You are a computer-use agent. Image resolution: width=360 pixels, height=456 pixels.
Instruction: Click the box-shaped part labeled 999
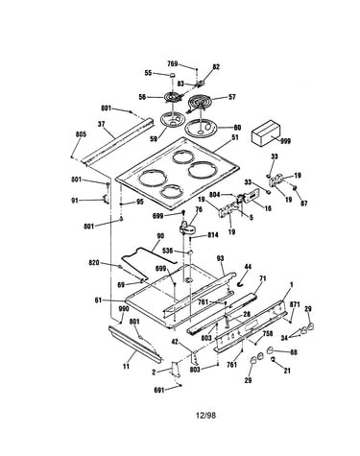click(266, 133)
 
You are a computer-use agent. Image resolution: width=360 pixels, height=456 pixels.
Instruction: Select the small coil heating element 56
click(173, 97)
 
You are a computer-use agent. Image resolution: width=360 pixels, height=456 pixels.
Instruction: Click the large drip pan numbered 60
click(201, 129)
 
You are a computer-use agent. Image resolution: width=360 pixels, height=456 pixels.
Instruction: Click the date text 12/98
click(205, 416)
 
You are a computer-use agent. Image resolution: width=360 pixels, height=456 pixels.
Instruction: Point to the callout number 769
click(173, 63)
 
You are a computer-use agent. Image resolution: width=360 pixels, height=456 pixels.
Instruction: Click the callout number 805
click(81, 134)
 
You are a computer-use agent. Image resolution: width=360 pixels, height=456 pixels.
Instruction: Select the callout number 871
click(295, 304)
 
